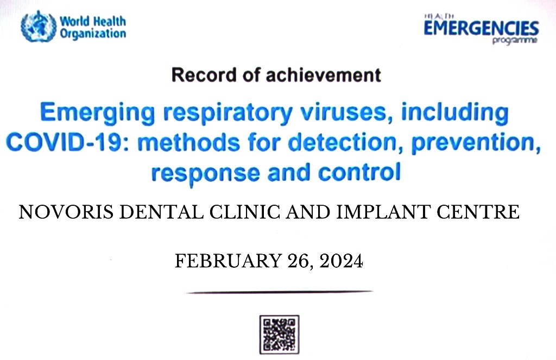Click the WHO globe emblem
(x=39, y=26)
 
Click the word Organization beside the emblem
(x=93, y=34)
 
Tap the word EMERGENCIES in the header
(x=481, y=28)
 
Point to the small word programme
(x=515, y=40)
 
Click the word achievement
(x=323, y=75)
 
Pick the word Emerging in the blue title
(x=98, y=113)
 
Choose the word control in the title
(x=359, y=172)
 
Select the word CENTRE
(x=478, y=212)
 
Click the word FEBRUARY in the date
(x=229, y=261)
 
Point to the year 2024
(x=341, y=261)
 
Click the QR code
(x=280, y=334)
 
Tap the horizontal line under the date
(x=280, y=292)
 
